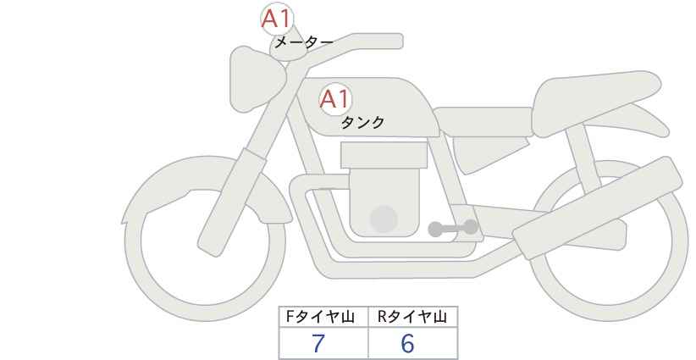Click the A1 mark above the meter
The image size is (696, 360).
pyautogui.click(x=277, y=19)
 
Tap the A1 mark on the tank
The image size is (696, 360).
pyautogui.click(x=335, y=99)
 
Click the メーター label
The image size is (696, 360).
pyautogui.click(x=304, y=42)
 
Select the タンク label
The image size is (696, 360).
pyautogui.click(x=362, y=123)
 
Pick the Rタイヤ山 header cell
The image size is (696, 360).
pyautogui.click(x=413, y=317)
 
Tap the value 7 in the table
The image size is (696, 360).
pyautogui.click(x=318, y=343)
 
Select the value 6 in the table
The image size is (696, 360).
pyautogui.click(x=407, y=343)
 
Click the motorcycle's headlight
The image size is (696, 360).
pyautogui.click(x=257, y=80)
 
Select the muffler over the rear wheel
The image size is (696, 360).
pyautogui.click(x=597, y=208)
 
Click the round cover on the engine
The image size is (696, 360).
pyautogui.click(x=384, y=219)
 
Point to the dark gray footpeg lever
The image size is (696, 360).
pyautogui.click(x=453, y=228)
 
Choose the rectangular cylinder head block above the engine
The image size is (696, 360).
pyautogui.click(x=384, y=155)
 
